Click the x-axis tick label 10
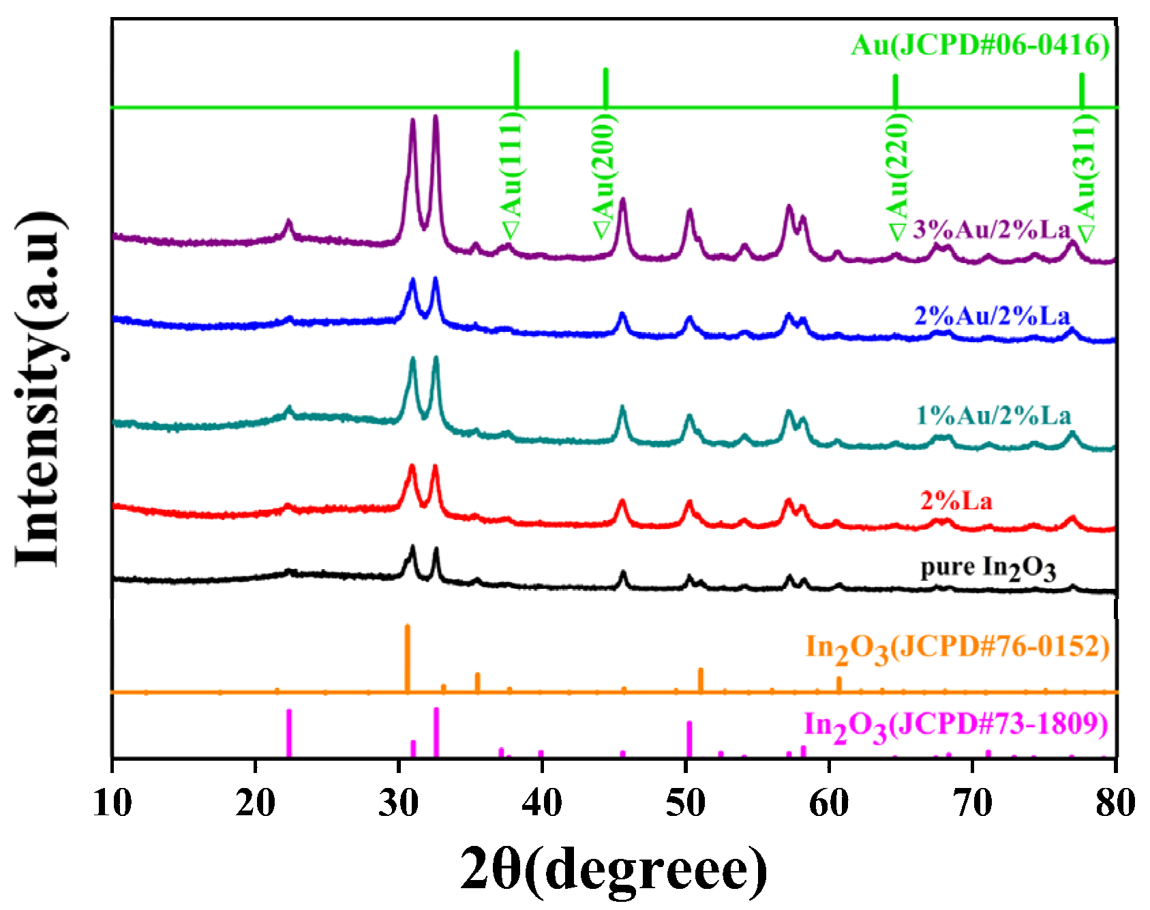click(x=112, y=803)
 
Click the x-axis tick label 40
click(x=542, y=803)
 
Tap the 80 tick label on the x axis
click(x=1115, y=803)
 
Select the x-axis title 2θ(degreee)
click(x=614, y=869)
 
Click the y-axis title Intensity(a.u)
click(x=41, y=389)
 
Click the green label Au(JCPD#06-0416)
click(x=980, y=46)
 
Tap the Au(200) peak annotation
click(x=604, y=176)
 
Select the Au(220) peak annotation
click(x=898, y=176)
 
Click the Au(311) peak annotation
click(x=1085, y=176)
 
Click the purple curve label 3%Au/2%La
click(x=992, y=230)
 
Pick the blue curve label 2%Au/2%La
click(x=992, y=316)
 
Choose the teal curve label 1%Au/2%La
click(x=993, y=416)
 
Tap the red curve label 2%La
click(x=956, y=502)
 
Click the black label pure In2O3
click(x=988, y=568)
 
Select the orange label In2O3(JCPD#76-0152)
click(x=957, y=648)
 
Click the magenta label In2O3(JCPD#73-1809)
click(x=956, y=725)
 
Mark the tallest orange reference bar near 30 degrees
click(x=408, y=658)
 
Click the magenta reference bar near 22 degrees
click(x=289, y=733)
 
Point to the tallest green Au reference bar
click(x=517, y=78)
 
